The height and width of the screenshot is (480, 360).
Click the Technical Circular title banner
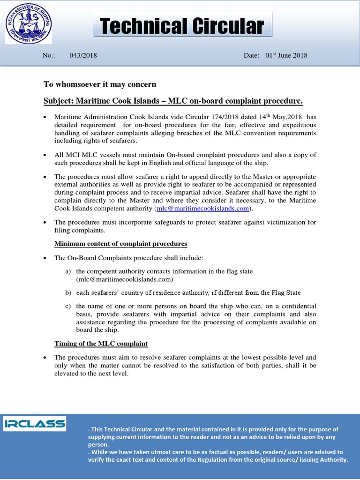coord(182,26)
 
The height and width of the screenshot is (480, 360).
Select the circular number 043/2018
coord(83,55)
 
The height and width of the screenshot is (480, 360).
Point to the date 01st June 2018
coord(286,55)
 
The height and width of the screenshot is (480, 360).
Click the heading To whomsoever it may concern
coord(100,84)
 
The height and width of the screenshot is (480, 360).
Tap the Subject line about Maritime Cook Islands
coord(173,101)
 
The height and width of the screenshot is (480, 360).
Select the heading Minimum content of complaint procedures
coord(120,244)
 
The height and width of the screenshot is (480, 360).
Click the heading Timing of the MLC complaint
coord(101,344)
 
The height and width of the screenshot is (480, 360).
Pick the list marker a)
coord(68,271)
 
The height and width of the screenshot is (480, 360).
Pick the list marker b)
coord(68,293)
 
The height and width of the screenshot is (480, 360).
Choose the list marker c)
coord(68,306)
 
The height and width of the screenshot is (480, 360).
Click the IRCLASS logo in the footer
coord(35,424)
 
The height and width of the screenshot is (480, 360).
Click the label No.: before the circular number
coord(49,55)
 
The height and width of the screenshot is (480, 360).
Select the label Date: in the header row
coord(251,55)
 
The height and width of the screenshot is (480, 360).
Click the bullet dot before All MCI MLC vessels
coord(45,155)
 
